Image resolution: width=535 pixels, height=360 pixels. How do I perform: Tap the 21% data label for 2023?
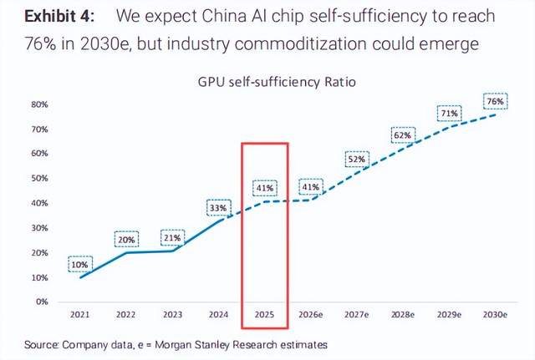[172, 238]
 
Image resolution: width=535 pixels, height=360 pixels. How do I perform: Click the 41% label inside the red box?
[265, 188]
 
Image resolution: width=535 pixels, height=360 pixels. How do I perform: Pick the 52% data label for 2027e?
[357, 160]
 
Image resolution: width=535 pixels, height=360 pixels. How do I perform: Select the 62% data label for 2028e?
[403, 135]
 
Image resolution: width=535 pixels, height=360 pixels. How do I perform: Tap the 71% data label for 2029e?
[450, 114]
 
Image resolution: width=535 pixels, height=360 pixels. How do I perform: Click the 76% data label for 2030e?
[495, 101]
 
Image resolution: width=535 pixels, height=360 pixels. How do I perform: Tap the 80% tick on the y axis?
[39, 105]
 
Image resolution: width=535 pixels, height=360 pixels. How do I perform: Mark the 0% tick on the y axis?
[42, 302]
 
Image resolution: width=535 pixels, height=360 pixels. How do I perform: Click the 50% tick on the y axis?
[39, 179]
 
